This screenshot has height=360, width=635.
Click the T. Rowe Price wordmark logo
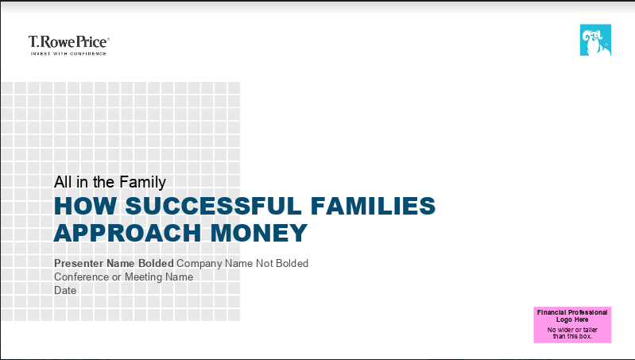tap(68, 42)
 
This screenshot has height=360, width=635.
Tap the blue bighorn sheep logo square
tap(595, 40)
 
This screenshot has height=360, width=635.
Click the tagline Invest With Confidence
tap(68, 54)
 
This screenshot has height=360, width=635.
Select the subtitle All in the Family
tap(110, 182)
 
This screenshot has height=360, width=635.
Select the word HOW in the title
tap(77, 206)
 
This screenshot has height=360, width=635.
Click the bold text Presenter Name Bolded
tap(114, 263)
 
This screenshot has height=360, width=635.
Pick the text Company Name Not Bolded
tap(242, 263)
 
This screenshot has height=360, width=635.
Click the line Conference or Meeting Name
tap(123, 277)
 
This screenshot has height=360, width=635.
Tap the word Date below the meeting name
tap(65, 290)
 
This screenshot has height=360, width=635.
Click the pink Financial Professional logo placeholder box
tap(572, 324)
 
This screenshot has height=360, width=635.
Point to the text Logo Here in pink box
tap(572, 319)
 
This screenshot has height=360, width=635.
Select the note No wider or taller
tap(572, 330)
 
